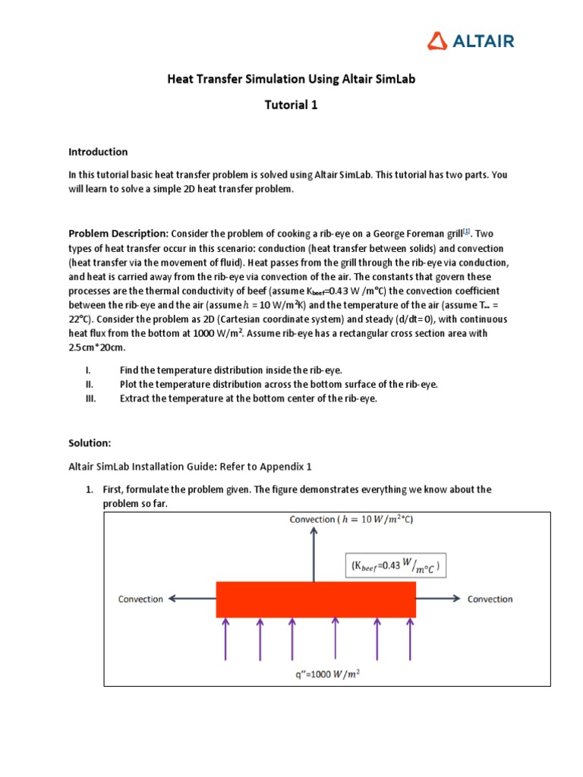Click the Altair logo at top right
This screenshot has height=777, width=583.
click(x=470, y=40)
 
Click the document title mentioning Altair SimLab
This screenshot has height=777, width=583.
click(x=291, y=79)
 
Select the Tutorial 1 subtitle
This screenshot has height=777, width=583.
click(x=291, y=105)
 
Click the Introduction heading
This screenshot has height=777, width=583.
click(x=98, y=152)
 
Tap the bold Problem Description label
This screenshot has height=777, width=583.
click(x=118, y=234)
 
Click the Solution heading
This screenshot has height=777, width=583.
click(x=90, y=442)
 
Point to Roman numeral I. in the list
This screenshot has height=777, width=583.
click(x=89, y=370)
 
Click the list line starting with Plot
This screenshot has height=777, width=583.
click(x=278, y=384)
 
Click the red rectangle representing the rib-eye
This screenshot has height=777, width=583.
click(x=316, y=599)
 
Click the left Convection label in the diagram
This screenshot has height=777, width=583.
click(x=140, y=599)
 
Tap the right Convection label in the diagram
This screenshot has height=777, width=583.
click(x=490, y=599)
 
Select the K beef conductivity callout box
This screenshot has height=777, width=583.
click(x=395, y=566)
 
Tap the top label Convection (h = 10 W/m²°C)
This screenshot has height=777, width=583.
click(x=351, y=520)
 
